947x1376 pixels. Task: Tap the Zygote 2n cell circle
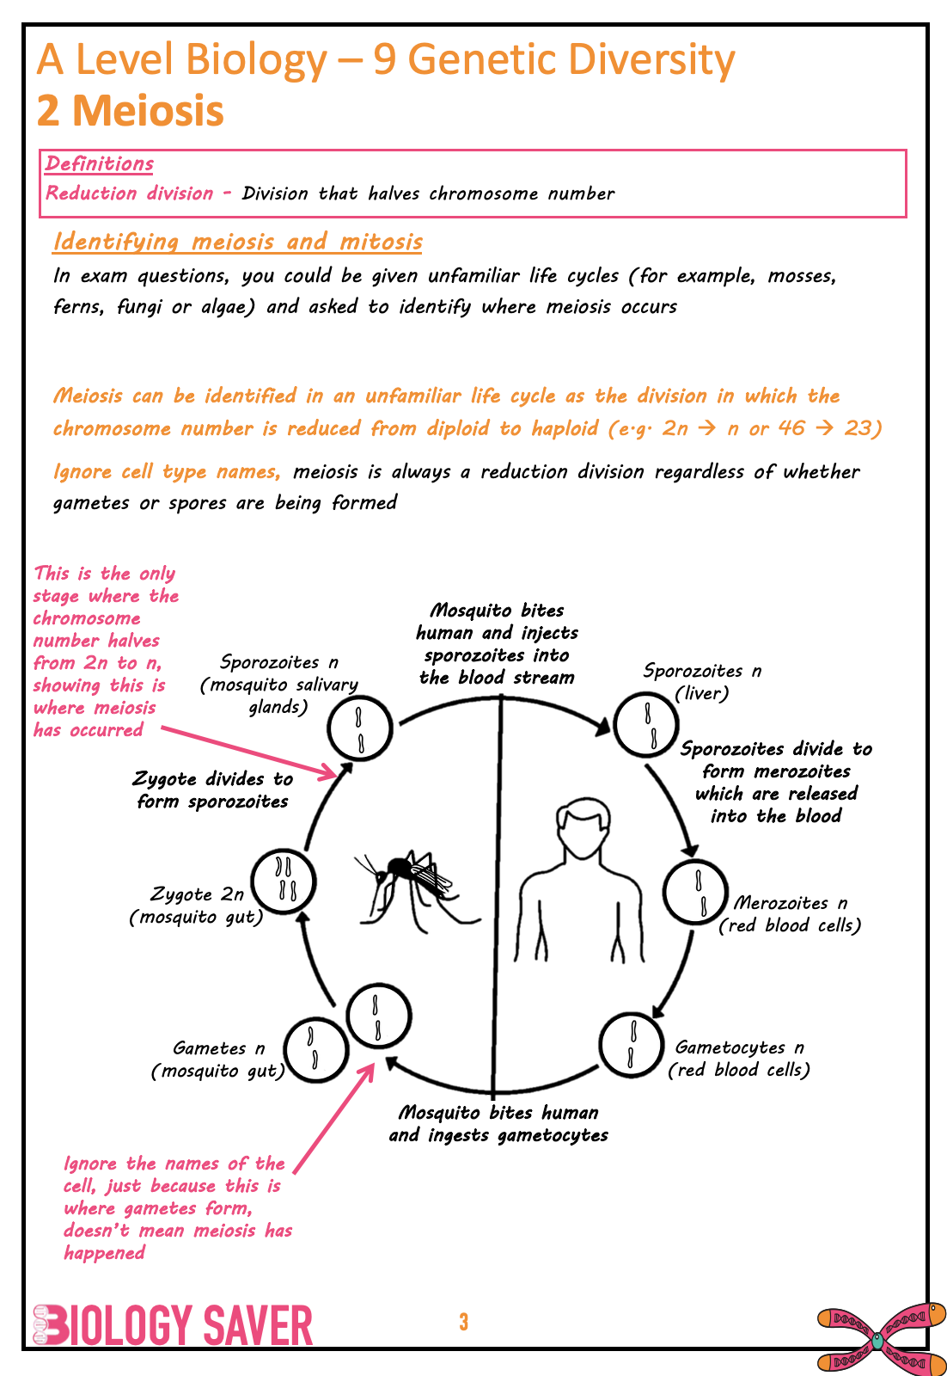click(x=284, y=881)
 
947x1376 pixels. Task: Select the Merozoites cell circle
click(x=696, y=892)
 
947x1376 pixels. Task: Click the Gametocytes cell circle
click(x=631, y=1044)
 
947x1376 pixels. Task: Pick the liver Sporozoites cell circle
click(x=646, y=724)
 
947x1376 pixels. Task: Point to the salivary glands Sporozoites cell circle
click(x=360, y=728)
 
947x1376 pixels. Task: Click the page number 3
click(x=463, y=1322)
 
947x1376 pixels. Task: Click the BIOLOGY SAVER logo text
click(x=174, y=1325)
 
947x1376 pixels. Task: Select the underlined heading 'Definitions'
click(x=100, y=163)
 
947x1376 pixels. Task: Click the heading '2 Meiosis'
click(x=131, y=111)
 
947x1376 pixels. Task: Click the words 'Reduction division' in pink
click(x=129, y=193)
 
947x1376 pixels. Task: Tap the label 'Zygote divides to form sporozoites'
click(x=213, y=789)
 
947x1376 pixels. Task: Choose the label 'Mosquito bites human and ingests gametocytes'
click(x=498, y=1123)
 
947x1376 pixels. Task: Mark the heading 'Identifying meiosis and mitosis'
click(x=237, y=242)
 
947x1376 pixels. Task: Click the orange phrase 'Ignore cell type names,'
click(x=167, y=471)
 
